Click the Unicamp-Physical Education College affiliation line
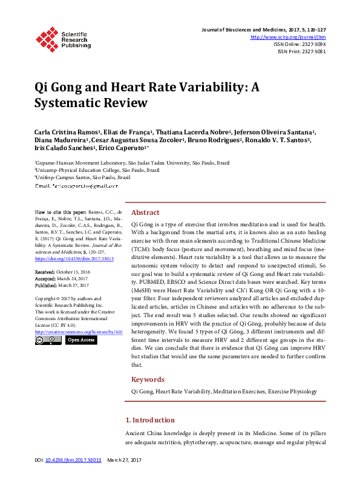coord(97,171)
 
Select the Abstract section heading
coord(145,212)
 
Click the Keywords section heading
coord(148,379)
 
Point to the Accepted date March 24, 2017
coord(71,279)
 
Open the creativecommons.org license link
coord(79,332)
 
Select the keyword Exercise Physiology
coord(292,392)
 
